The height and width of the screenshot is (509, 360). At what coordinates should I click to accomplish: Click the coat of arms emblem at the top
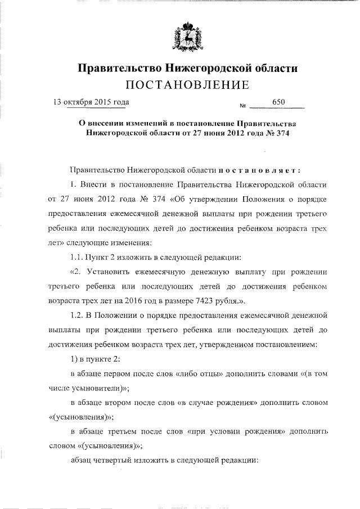pyautogui.click(x=187, y=37)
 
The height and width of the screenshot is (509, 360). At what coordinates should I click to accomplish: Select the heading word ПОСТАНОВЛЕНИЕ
pyautogui.click(x=187, y=85)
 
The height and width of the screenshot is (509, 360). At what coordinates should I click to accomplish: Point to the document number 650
pyautogui.click(x=279, y=102)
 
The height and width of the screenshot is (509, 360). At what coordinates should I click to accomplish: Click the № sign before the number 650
pyautogui.click(x=243, y=105)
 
